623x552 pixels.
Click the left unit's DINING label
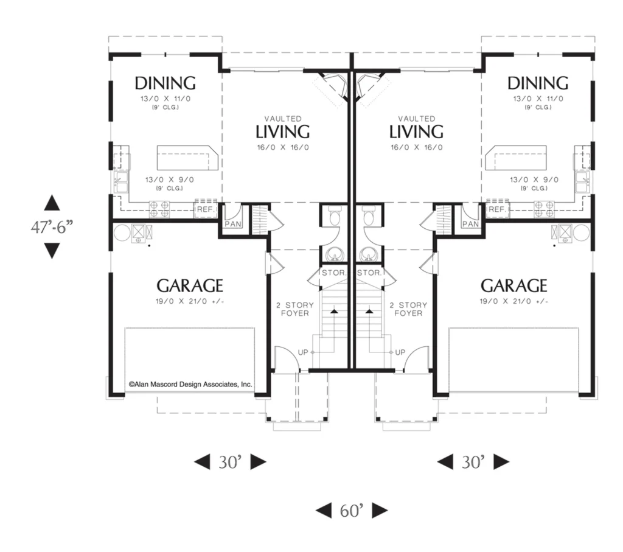pos(165,83)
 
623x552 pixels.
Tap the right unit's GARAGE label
pos(513,285)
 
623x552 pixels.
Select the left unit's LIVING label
pos(282,132)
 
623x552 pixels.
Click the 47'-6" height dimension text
pos(52,227)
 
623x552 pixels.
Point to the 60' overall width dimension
pos(352,511)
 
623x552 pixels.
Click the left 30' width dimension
pos(230,462)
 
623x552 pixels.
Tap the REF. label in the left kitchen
pos(206,209)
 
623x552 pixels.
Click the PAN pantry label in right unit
pos(470,224)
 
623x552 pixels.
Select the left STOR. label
pos(334,273)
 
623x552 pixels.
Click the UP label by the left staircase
pos(303,352)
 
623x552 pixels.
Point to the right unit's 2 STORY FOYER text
pos(408,309)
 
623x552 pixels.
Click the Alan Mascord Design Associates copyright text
pos(190,384)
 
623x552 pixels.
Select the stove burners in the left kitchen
pos(159,209)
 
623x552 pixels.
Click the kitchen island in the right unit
pos(516,158)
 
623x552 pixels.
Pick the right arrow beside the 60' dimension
pos(380,511)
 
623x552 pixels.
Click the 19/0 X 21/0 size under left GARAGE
pos(190,301)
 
